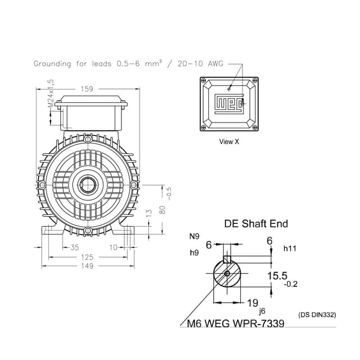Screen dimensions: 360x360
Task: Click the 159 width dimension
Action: (x=87, y=88)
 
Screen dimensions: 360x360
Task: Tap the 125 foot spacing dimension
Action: (x=87, y=257)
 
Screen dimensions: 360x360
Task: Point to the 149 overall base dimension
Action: (x=87, y=266)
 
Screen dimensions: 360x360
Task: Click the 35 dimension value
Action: (x=74, y=247)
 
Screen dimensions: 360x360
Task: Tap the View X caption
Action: (x=229, y=142)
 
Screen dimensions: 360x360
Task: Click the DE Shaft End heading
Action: (x=256, y=224)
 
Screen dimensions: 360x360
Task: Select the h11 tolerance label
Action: (x=290, y=248)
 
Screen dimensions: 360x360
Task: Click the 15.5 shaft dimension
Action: (x=277, y=276)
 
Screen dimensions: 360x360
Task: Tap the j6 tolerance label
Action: (x=262, y=310)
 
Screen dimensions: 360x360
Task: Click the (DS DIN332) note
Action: (x=317, y=315)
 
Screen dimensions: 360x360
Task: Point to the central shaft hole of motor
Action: (x=87, y=184)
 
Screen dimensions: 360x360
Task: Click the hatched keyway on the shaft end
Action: (x=227, y=260)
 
